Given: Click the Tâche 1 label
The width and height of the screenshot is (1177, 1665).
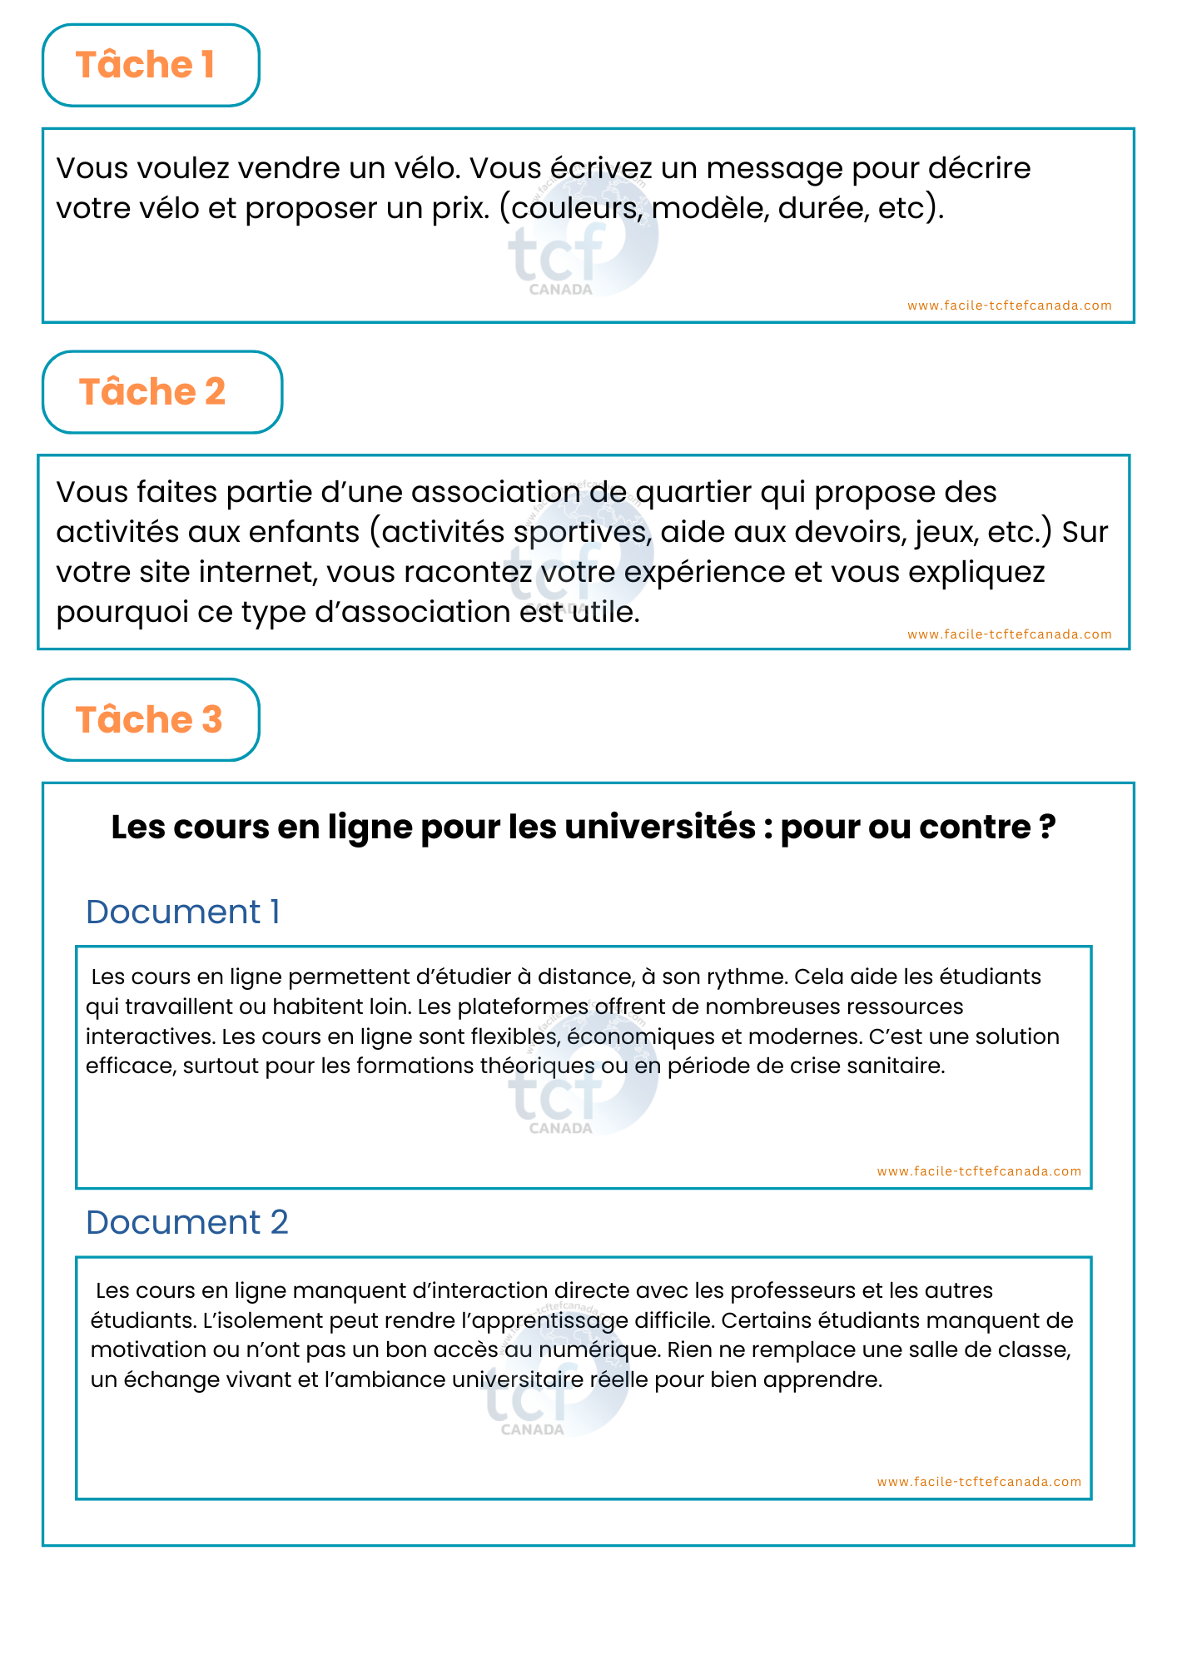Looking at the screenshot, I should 146,65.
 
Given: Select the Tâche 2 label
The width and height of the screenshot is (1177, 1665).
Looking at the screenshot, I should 152,392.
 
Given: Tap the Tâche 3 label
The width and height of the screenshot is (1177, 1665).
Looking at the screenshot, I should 149,720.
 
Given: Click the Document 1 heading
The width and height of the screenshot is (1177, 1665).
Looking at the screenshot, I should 182,912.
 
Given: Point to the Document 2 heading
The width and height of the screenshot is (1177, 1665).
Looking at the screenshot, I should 186,1223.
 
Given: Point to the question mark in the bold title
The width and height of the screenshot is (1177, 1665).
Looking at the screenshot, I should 1047,828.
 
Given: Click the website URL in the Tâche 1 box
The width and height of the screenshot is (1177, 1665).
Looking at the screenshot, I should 1009,306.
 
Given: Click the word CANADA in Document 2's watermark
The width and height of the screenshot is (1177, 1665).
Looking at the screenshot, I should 533,1429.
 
